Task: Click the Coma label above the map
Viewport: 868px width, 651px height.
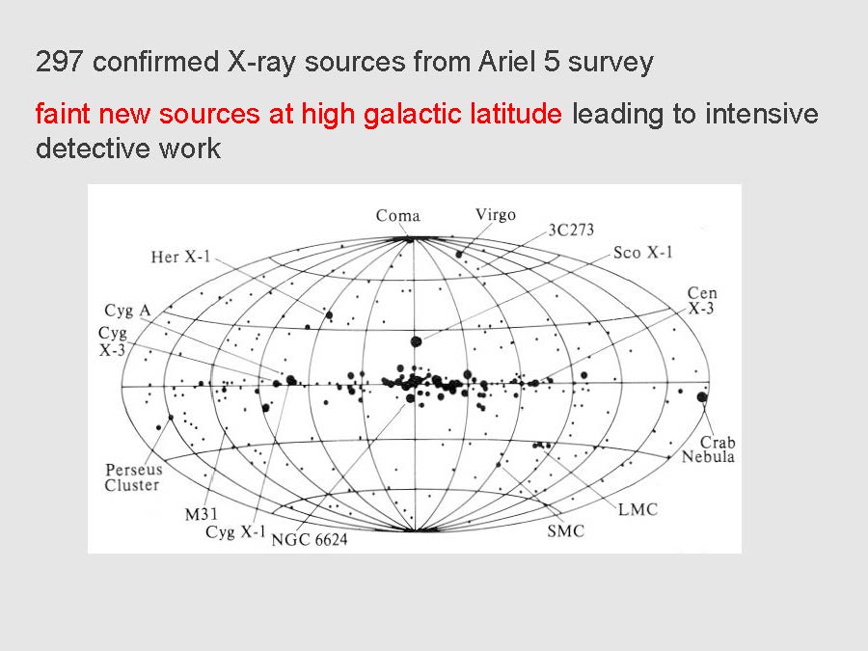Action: (x=398, y=215)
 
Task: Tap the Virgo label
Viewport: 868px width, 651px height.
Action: (x=496, y=215)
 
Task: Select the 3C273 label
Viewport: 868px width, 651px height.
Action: (x=571, y=230)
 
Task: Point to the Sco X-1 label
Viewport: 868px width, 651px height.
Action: (x=642, y=253)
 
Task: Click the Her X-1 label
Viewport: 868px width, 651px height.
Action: (x=181, y=257)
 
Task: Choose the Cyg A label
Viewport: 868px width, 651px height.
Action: (x=128, y=311)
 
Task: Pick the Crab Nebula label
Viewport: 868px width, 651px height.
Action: (x=709, y=448)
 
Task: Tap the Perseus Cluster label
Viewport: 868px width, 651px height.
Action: (x=133, y=477)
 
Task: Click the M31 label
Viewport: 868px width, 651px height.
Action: (x=201, y=514)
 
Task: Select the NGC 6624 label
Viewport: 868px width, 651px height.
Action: (x=310, y=539)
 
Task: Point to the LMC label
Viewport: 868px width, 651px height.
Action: (x=637, y=509)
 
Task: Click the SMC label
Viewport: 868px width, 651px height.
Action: (x=566, y=531)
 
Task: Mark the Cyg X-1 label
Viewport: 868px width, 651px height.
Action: (x=236, y=532)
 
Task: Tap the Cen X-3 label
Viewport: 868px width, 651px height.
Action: (x=702, y=301)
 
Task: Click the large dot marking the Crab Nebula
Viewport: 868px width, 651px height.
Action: (x=702, y=397)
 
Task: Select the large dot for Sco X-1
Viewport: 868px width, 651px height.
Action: (x=417, y=341)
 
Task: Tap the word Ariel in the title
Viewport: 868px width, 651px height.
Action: (x=507, y=62)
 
